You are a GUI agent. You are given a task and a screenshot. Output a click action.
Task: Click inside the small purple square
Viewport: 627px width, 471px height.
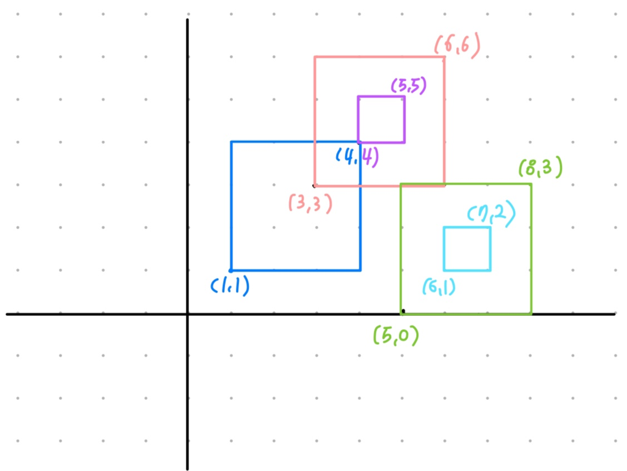[x=381, y=119]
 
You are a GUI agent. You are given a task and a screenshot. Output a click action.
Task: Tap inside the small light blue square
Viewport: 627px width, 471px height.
[x=467, y=249]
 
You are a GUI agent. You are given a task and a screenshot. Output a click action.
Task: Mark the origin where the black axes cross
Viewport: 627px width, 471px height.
[x=187, y=314]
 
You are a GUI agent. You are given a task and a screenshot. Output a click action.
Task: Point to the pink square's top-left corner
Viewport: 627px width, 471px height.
[x=315, y=57]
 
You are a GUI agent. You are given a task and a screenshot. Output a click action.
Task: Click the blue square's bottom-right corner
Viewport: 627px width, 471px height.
[x=361, y=270]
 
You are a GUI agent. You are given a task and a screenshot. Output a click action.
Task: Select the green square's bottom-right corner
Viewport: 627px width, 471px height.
[x=531, y=314]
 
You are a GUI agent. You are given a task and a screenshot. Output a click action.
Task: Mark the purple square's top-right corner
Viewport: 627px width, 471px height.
[x=404, y=96]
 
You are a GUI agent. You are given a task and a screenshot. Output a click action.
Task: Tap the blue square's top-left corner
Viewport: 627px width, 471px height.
[x=231, y=142]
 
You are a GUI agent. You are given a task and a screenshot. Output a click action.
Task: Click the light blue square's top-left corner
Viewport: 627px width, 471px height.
[x=444, y=227]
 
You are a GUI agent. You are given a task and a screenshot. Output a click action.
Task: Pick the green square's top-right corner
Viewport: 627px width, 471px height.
[x=531, y=184]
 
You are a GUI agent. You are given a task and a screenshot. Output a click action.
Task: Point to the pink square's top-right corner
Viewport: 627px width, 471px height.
[x=445, y=57]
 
